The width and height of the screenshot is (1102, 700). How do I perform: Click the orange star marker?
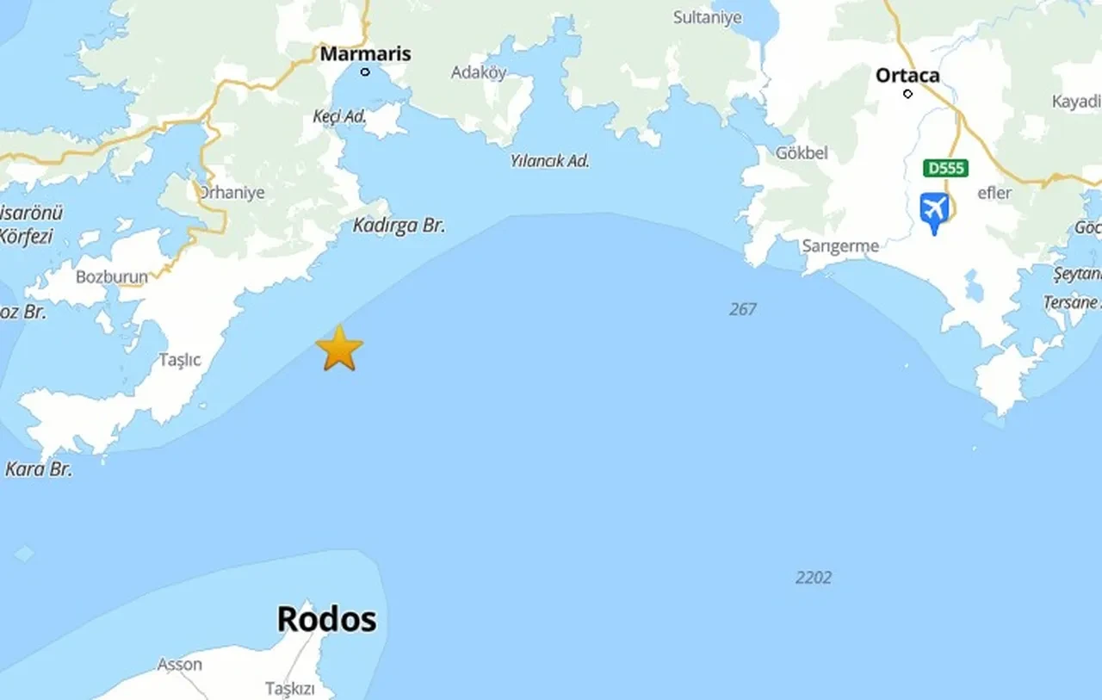339,348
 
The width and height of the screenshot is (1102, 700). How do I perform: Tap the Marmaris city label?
365,53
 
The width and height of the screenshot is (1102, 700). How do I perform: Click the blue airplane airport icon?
934,210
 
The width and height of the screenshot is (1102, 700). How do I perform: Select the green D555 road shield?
944,168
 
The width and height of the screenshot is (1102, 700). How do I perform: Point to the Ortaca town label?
907,76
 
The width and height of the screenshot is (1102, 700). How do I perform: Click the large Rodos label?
326,619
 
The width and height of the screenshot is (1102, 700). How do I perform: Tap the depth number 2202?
813,578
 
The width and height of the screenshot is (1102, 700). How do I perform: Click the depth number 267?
742,308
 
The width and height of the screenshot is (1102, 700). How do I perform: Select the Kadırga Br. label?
399,226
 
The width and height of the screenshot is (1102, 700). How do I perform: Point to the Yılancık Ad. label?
549,160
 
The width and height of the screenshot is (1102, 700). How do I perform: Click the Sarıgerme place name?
840,246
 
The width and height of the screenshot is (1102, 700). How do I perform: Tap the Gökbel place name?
802,153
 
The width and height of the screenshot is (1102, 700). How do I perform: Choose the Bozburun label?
112,277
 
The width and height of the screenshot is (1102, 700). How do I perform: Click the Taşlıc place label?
180,360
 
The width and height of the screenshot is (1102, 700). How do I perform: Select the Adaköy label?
479,72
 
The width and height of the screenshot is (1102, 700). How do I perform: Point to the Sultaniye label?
707,17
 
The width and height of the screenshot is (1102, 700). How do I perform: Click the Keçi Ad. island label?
339,115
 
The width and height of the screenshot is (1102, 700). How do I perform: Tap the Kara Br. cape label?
39,469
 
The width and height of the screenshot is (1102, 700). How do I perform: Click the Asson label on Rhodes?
179,665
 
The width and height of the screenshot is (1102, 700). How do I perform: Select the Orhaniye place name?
232,193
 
